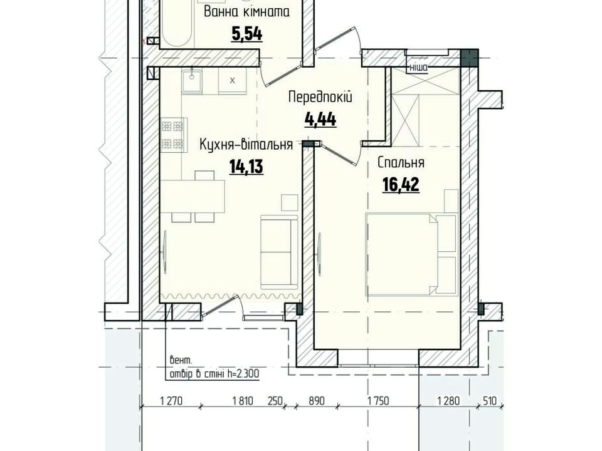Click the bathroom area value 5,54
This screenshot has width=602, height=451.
(x=246, y=33)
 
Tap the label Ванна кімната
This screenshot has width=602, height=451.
(x=246, y=12)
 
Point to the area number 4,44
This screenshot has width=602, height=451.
(x=320, y=119)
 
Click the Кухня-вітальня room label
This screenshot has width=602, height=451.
(x=246, y=145)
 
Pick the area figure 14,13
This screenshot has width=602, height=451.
(x=246, y=167)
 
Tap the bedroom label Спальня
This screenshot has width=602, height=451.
(x=401, y=163)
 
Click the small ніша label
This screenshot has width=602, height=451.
(x=418, y=68)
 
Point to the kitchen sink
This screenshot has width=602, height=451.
(x=192, y=81)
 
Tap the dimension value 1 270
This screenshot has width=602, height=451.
(x=171, y=401)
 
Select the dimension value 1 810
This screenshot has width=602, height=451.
(x=243, y=401)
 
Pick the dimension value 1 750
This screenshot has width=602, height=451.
(x=378, y=401)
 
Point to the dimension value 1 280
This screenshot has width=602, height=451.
(x=448, y=401)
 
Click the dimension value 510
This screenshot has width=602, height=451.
(x=489, y=401)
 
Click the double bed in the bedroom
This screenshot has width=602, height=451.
(x=411, y=254)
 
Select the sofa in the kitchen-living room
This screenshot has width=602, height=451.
(x=280, y=252)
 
